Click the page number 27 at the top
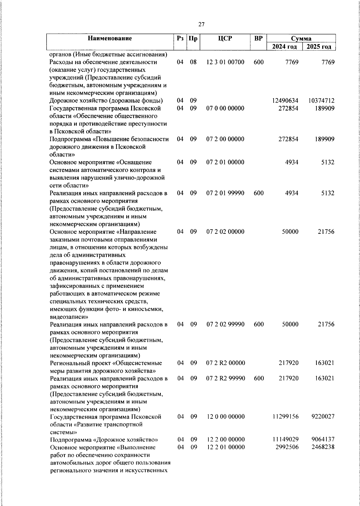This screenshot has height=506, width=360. pyautogui.click(x=201, y=25)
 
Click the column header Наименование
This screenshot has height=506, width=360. pyautogui.click(x=110, y=38)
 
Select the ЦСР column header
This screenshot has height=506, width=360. pyautogui.click(x=225, y=38)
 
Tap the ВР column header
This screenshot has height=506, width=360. pyautogui.click(x=258, y=38)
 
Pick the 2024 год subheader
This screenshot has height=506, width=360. pyautogui.click(x=284, y=47)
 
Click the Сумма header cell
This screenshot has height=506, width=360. pyautogui.click(x=301, y=38)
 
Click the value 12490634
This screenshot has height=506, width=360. pyautogui.click(x=285, y=101)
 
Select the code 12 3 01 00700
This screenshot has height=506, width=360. pyautogui.click(x=225, y=62)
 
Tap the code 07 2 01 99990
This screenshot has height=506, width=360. pyautogui.click(x=225, y=193)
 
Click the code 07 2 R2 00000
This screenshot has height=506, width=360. pyautogui.click(x=225, y=363)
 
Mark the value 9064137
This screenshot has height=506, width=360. pyautogui.click(x=323, y=440)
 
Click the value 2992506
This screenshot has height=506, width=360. pyautogui.click(x=287, y=447)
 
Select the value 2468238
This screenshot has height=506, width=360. pyautogui.click(x=323, y=447)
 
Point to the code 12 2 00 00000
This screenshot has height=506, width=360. pyautogui.click(x=225, y=440)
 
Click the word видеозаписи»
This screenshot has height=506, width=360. pyautogui.click(x=69, y=317)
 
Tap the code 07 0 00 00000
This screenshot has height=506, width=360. pyautogui.click(x=225, y=108)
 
